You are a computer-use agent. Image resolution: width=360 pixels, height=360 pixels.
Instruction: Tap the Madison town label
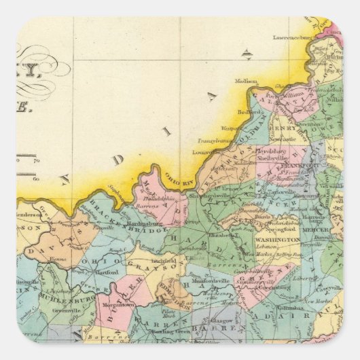[x=246, y=80]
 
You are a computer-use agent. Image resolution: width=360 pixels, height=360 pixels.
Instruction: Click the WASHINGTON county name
[x=277, y=240]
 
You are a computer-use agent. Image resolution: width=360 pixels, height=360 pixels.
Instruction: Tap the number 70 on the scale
[x=36, y=161]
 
